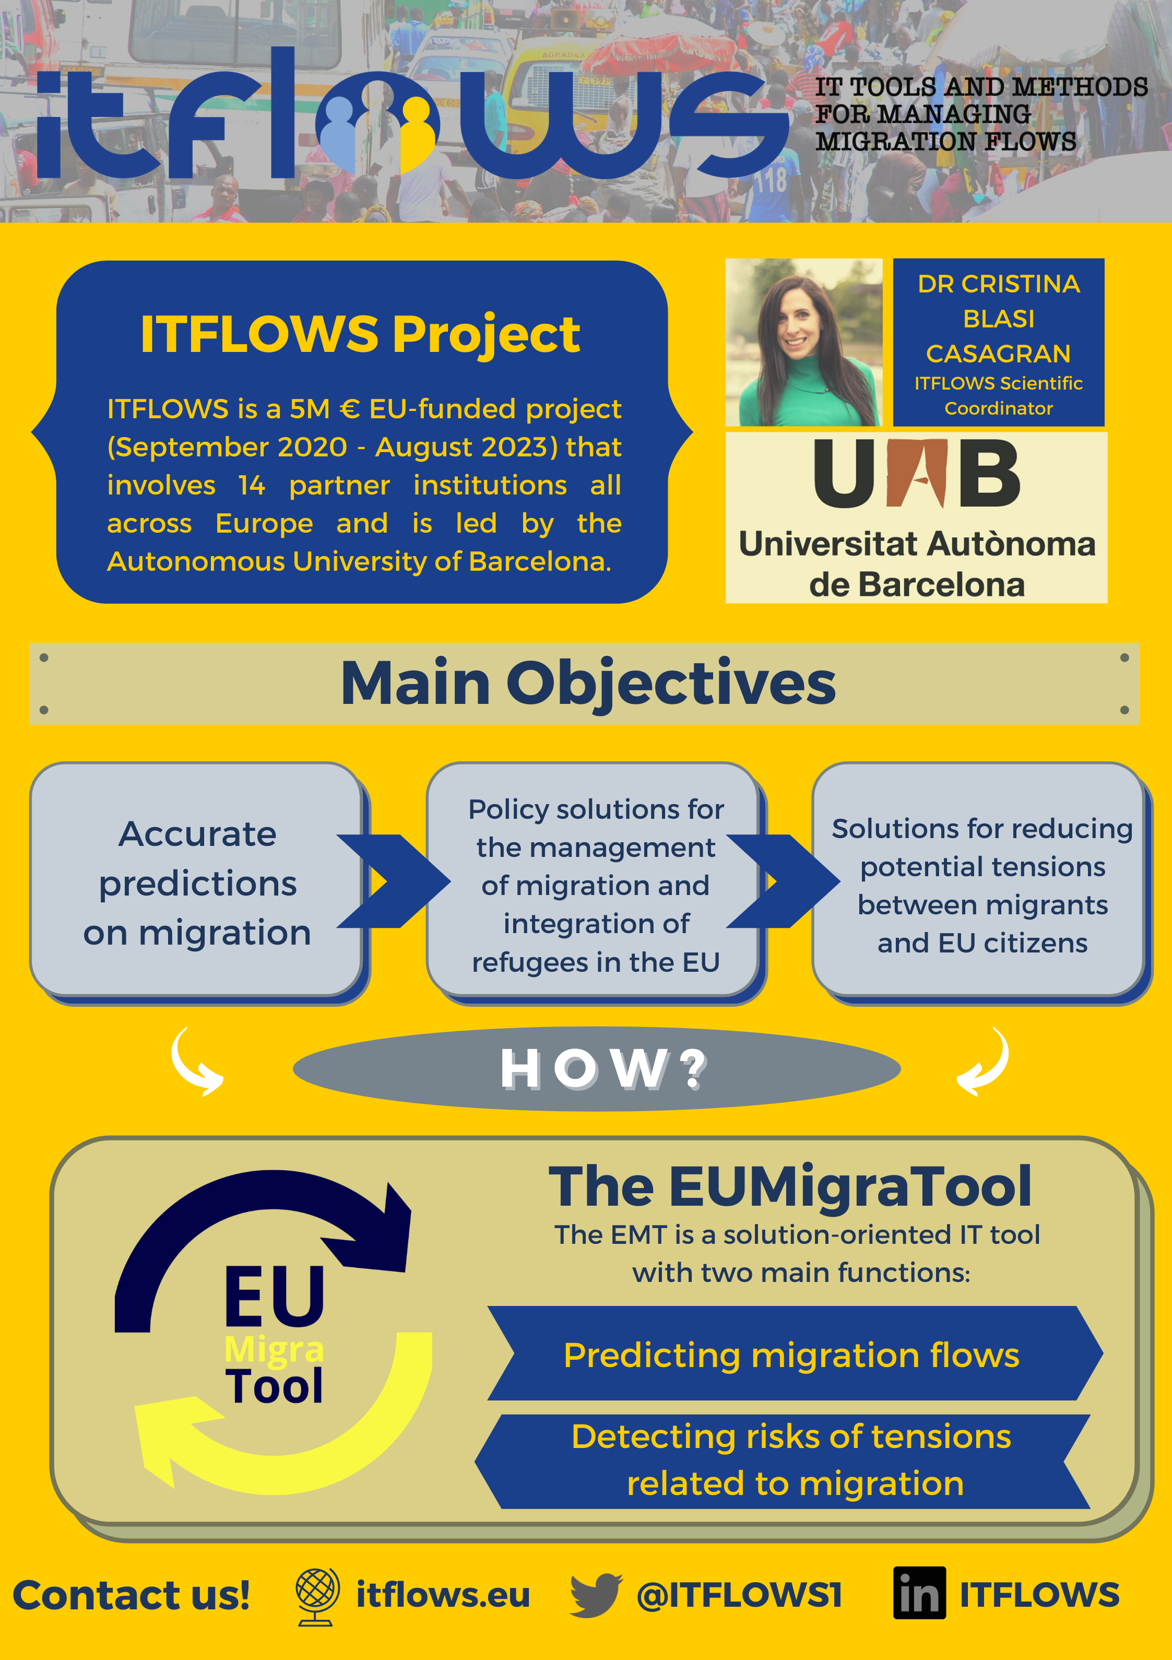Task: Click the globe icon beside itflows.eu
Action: coord(317,1596)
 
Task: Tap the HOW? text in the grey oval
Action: coord(603,1068)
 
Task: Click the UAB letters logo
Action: coord(917,474)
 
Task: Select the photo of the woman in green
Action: coord(803,342)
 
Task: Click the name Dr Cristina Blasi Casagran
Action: coord(999,319)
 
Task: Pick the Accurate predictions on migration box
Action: coord(197,881)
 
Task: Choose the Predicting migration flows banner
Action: coord(792,1355)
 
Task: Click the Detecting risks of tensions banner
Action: coord(792,1459)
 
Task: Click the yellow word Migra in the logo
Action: coord(274,1349)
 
